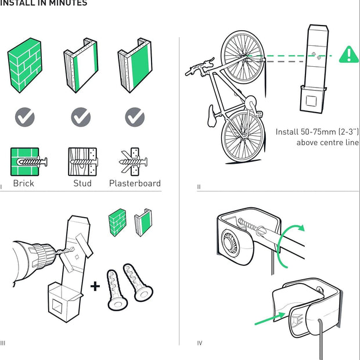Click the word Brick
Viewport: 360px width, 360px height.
(x=24, y=183)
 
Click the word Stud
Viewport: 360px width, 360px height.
(x=82, y=183)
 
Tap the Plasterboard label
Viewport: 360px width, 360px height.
(x=135, y=183)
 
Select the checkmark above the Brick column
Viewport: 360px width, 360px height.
(x=24, y=118)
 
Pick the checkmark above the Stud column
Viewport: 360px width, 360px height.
(x=81, y=118)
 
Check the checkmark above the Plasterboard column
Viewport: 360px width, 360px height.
(x=135, y=118)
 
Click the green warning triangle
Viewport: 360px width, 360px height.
(x=348, y=55)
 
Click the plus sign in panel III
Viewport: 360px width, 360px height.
(x=95, y=286)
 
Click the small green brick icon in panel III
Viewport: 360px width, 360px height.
(x=117, y=221)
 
